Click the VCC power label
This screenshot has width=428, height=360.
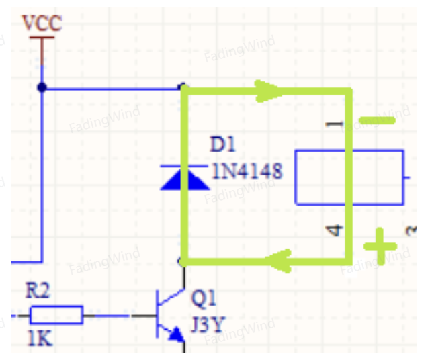42,24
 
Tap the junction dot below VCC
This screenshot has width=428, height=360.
42,87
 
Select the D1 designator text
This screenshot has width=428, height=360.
222,144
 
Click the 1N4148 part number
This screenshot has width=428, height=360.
247,171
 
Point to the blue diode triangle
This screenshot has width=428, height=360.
185,179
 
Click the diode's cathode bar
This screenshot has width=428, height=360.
184,166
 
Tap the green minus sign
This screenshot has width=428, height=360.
377,120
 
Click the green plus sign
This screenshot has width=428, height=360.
380,246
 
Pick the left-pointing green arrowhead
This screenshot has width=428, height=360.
278,261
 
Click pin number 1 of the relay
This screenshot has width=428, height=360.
334,124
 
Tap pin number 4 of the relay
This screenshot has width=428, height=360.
335,230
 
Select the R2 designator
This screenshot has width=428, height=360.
38,290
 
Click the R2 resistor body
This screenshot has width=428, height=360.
56,315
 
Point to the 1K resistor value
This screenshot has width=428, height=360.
40,339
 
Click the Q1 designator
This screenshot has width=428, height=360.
204,298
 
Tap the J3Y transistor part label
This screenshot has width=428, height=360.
208,324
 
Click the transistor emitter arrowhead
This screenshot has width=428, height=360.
177,334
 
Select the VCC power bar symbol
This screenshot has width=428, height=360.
42,37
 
